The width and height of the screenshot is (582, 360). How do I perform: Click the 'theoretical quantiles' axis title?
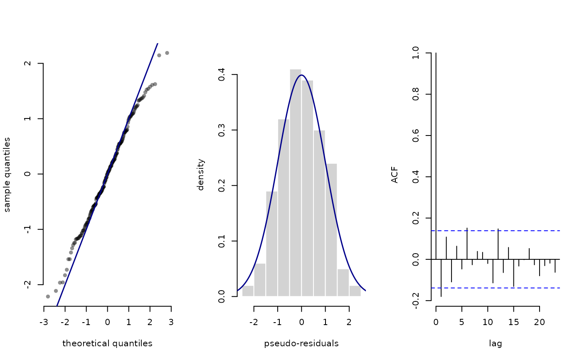point(107,343)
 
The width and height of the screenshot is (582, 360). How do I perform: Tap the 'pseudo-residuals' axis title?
point(301,343)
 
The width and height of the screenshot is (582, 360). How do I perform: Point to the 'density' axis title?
point(201,174)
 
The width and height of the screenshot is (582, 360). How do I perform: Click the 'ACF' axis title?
point(395,174)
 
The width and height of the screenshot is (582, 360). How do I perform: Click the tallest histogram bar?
point(296,183)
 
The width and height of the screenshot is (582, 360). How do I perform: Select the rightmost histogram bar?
point(355,291)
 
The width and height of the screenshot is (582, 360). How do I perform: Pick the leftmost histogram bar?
point(248,291)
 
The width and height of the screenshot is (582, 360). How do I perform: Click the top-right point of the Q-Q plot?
point(167,53)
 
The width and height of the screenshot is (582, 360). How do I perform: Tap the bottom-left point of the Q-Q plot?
point(48,296)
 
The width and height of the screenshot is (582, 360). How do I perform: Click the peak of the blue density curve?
point(301,75)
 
